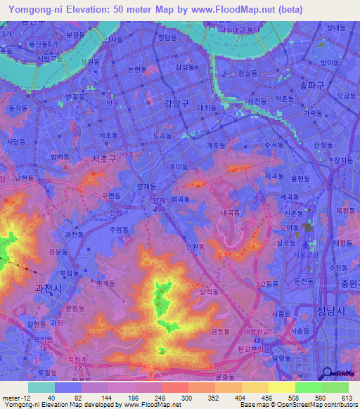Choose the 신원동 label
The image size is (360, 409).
click(196, 246)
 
